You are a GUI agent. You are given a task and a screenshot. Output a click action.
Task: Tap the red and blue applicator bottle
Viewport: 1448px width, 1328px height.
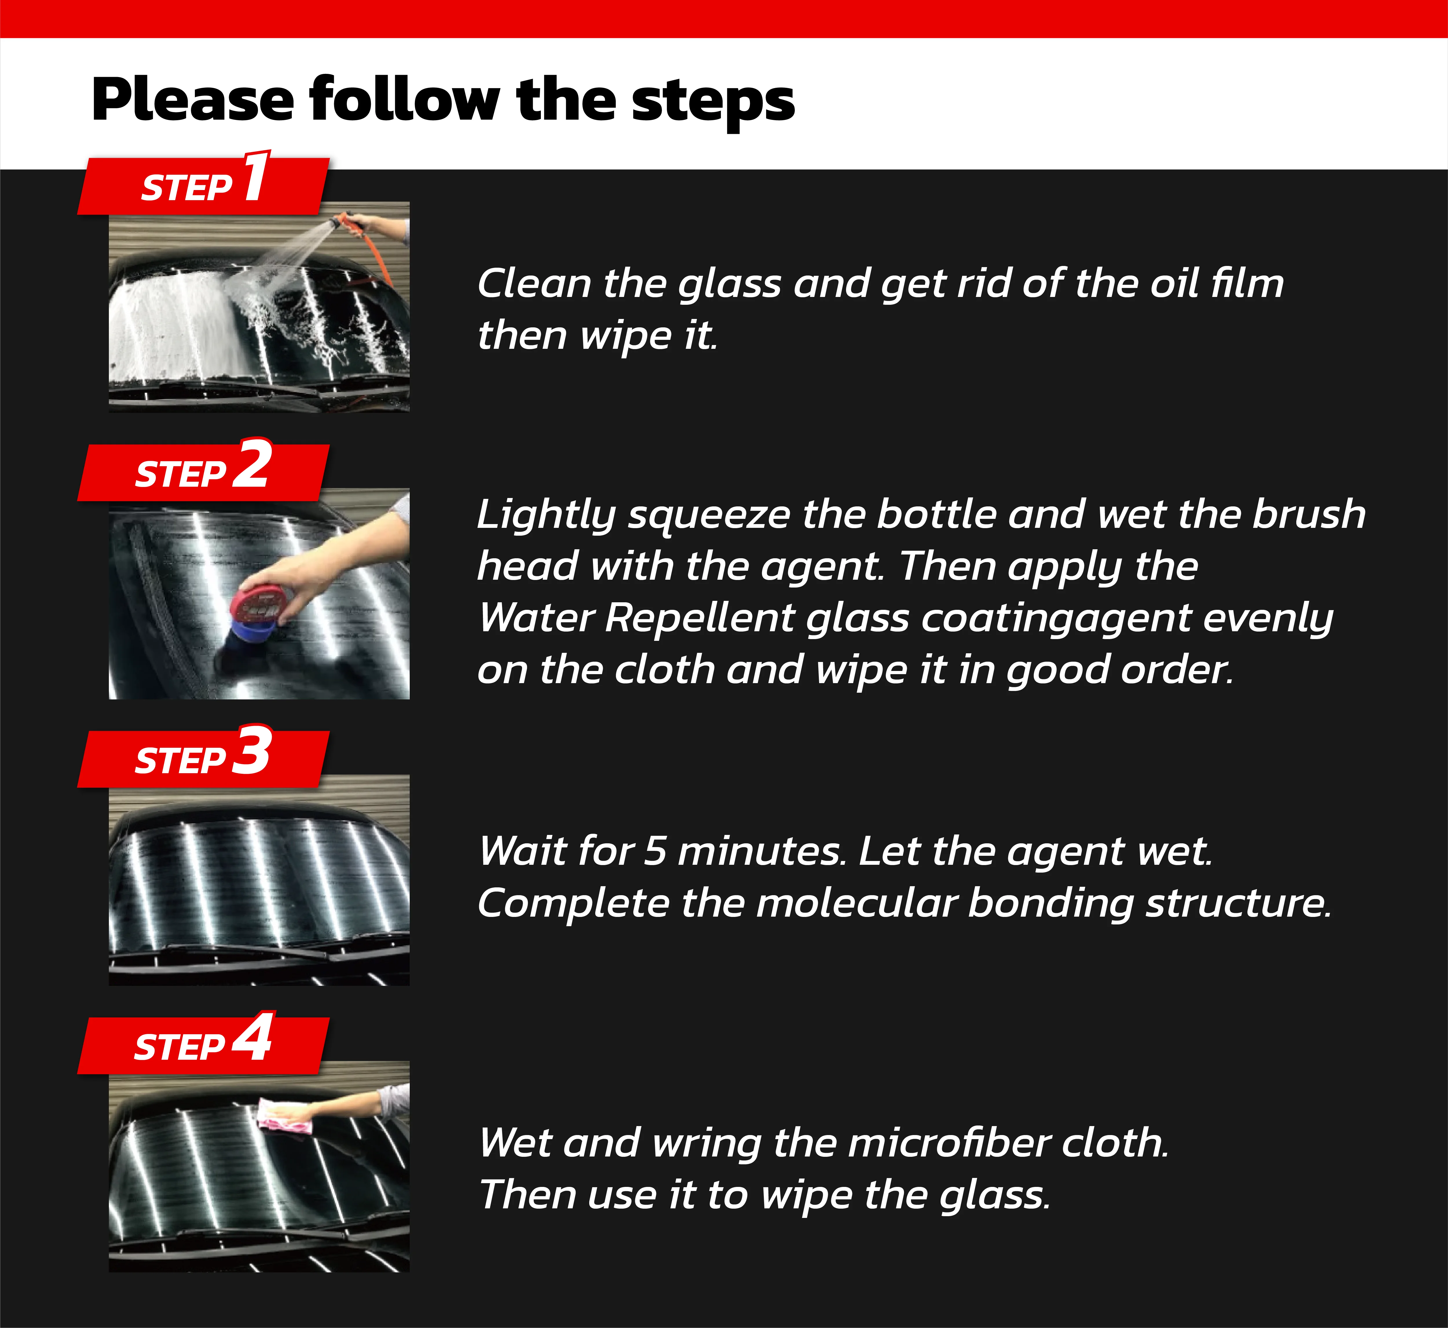click(x=259, y=614)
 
